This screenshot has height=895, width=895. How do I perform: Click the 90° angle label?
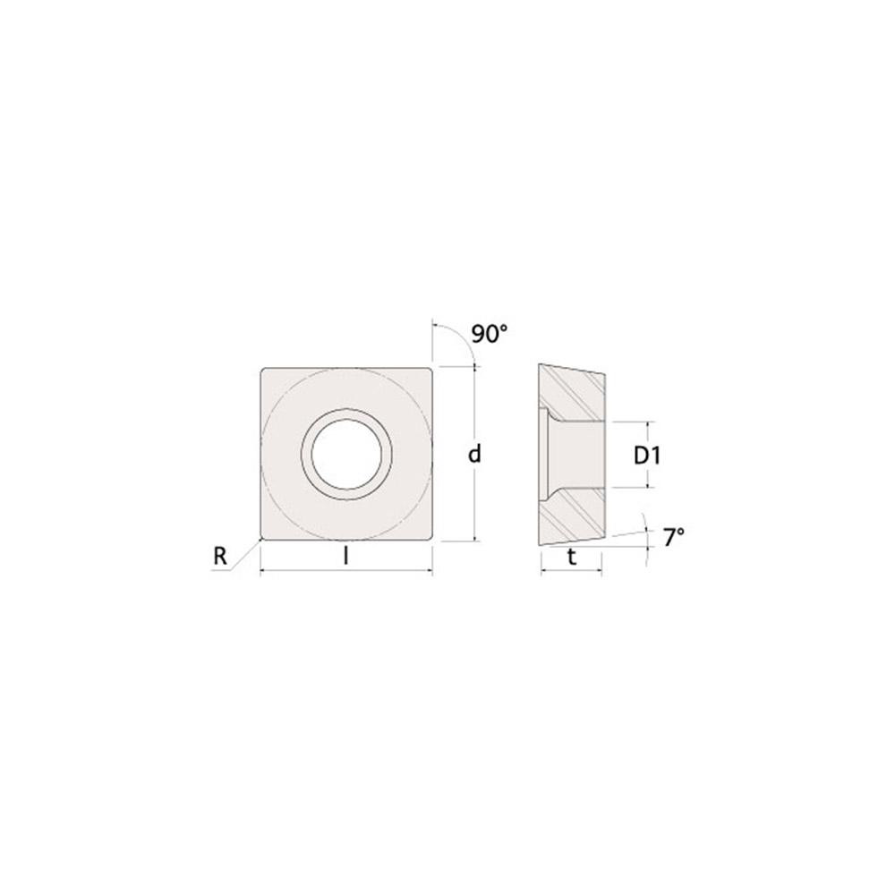click(x=490, y=335)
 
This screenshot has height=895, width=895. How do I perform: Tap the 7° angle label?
click(x=674, y=537)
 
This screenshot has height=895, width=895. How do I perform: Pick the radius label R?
click(x=219, y=557)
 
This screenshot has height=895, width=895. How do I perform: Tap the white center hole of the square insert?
click(x=346, y=453)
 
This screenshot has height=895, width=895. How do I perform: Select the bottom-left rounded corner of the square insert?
click(x=262, y=537)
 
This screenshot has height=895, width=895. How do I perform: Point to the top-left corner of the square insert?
click(x=262, y=369)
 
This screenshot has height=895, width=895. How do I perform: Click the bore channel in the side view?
click(x=577, y=455)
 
